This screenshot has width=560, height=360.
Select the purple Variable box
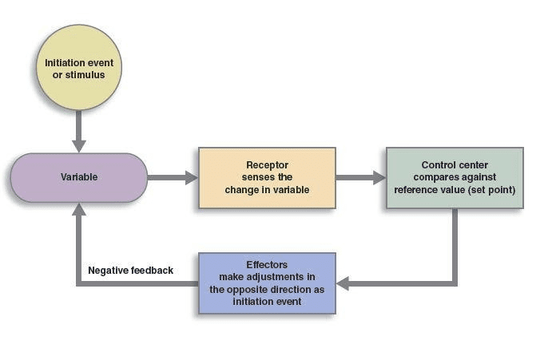pos(79,177)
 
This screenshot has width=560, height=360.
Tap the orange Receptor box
pos(267,177)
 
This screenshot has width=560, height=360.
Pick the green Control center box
pos(455,177)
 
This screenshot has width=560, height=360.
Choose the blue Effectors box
pos(267,283)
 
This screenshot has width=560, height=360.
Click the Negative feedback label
pos(130,271)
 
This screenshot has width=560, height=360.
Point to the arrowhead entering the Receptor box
pos(192,177)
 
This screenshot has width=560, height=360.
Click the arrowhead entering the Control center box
pos(379,177)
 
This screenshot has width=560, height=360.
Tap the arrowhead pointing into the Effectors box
pos(343,283)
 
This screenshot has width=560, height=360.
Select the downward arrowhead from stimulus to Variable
pos(78,145)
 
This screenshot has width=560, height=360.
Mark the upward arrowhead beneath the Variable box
pos(78,209)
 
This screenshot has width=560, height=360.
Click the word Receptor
pos(266,165)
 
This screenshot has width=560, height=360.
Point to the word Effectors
pos(267,265)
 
